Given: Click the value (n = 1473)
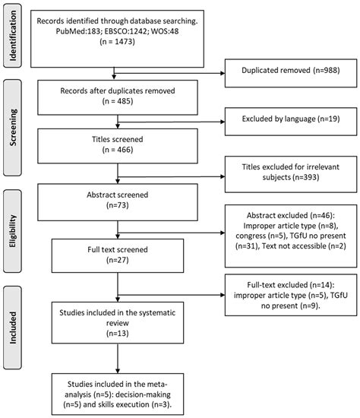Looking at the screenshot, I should click(113, 43).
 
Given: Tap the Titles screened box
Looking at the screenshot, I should click(112, 144).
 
